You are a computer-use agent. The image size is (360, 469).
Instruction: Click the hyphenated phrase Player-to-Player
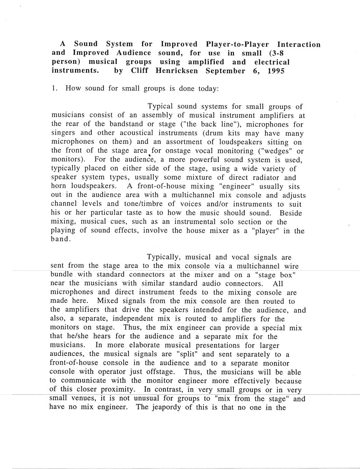[x=234, y=44]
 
